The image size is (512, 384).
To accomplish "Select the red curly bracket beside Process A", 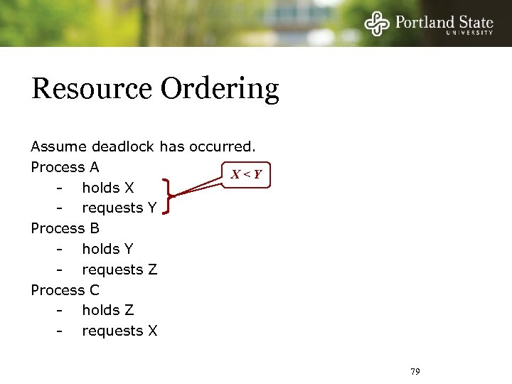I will [168, 196].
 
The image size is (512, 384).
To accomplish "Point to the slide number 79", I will [416, 372].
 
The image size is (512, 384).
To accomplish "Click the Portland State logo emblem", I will [378, 23].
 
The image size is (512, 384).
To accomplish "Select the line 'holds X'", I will [107, 188].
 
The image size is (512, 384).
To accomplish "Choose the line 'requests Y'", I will [119, 208].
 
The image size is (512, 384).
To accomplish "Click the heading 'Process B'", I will [65, 228].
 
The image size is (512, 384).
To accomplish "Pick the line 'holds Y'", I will [107, 249].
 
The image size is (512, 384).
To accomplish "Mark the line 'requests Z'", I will [119, 270].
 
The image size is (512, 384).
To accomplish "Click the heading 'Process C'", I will [65, 290].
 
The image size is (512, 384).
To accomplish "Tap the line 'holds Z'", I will [107, 310].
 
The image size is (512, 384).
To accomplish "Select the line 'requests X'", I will [119, 331].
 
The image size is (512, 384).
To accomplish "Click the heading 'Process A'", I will [65, 167].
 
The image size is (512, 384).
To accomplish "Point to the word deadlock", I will [124, 146].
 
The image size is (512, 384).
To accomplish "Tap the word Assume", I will [58, 146].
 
